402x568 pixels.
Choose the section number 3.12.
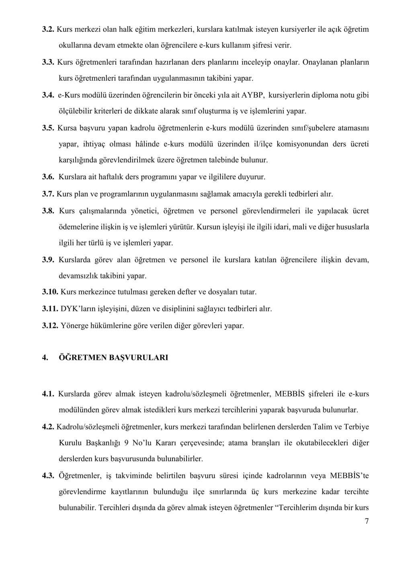(x=50, y=325)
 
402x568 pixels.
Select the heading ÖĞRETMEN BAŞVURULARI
(x=113, y=358)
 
